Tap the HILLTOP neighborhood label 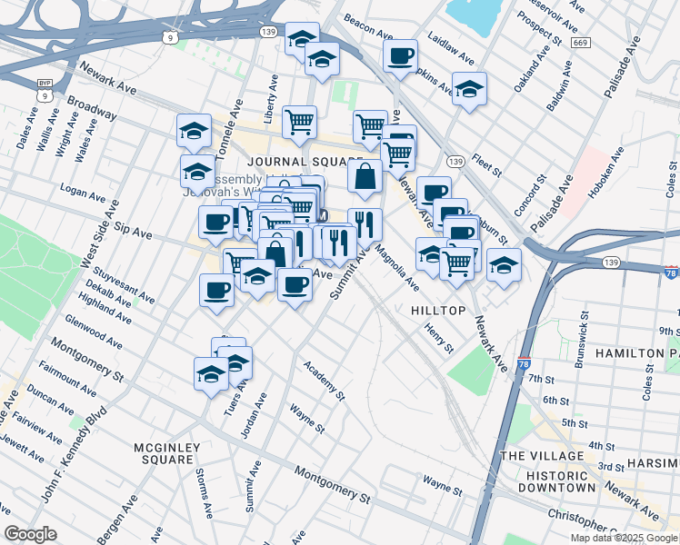point(438,311)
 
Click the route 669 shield point(581,43)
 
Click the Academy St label point(325,381)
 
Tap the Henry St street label point(439,337)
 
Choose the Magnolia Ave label point(396,270)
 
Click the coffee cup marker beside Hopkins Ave point(399,56)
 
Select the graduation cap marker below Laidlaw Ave point(469,89)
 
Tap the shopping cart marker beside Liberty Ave point(299,121)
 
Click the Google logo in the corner point(30,534)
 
